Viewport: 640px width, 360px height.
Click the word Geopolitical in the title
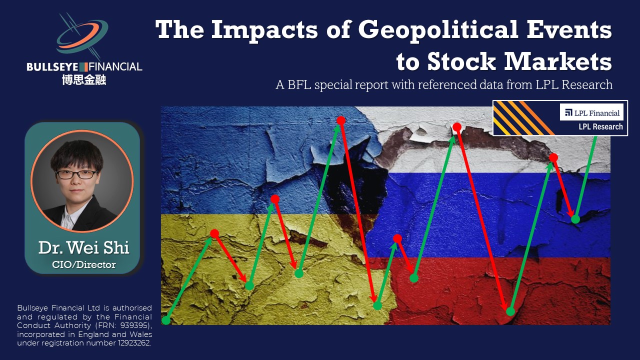[x=438, y=30]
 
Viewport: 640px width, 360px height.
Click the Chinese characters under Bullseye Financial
[x=84, y=80]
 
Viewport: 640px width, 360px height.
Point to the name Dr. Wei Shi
[x=83, y=247]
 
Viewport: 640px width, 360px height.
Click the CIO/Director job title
[x=83, y=265]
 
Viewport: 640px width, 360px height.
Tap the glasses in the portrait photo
[x=76, y=174]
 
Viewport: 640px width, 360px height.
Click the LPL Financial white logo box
[x=591, y=112]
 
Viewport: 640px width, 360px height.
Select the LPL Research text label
[x=600, y=126]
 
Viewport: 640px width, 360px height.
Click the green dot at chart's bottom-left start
[x=166, y=320]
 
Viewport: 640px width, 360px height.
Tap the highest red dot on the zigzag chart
[x=341, y=120]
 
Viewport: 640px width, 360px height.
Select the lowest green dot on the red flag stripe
[x=510, y=311]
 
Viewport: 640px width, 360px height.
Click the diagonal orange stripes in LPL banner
[x=523, y=117]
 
